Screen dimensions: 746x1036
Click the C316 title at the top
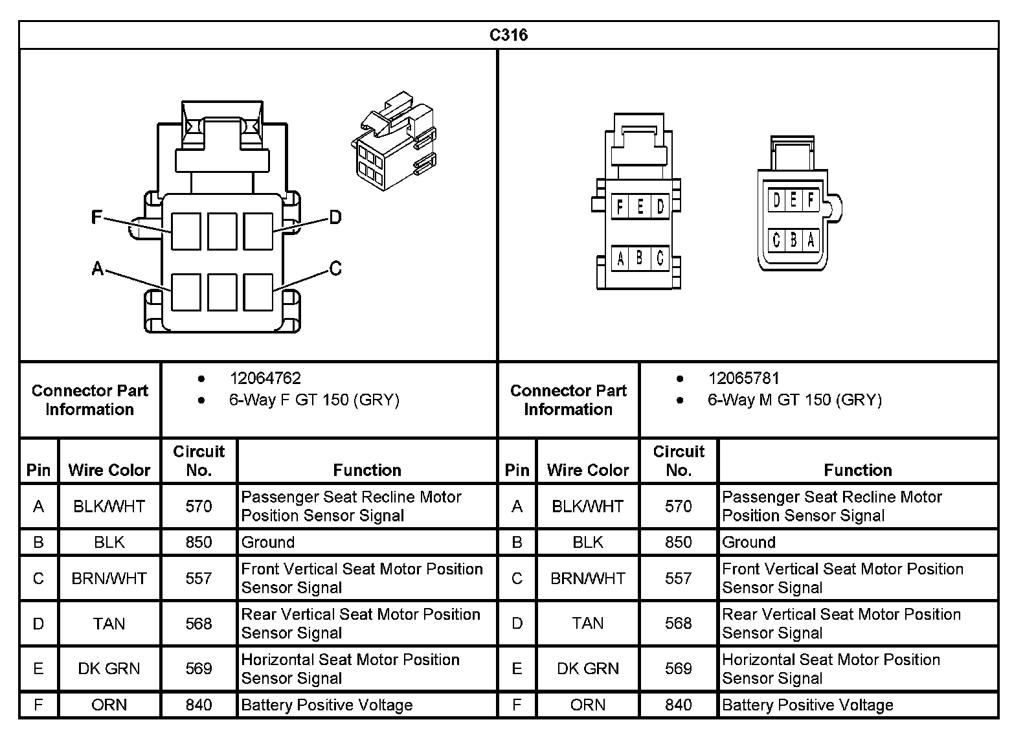pos(508,35)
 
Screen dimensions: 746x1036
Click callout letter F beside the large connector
pos(96,217)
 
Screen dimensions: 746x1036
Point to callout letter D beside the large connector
pos(335,217)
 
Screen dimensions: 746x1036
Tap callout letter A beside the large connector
pos(98,268)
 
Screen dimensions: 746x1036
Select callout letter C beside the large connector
pos(335,268)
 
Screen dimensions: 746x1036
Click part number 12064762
pos(265,378)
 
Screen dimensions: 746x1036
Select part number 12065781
pos(743,378)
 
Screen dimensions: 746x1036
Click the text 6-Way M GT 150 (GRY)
pos(794,400)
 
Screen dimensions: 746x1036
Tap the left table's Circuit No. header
pos(199,460)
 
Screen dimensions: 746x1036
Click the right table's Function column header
pos(857,470)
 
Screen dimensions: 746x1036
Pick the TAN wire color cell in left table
pos(109,624)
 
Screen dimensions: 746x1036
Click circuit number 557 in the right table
pos(678,578)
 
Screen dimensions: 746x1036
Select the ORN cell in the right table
pos(587,705)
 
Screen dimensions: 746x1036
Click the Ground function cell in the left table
pos(268,543)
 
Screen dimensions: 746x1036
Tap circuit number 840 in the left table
pos(199,705)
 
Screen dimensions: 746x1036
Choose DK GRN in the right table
pos(587,669)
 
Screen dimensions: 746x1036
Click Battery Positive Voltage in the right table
pos(807,705)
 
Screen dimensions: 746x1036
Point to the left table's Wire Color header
pos(109,470)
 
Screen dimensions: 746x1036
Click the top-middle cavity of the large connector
pos(222,231)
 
